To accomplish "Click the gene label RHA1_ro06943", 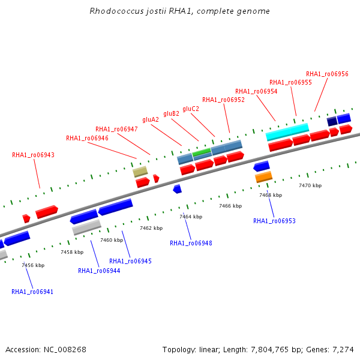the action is point(33,155).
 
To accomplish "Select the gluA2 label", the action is point(151,119).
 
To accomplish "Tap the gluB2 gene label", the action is point(171,113).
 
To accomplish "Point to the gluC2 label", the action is point(191,109).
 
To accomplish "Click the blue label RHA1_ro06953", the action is point(274,221).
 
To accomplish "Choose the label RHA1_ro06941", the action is point(32,292).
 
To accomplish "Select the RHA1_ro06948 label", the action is point(191,243).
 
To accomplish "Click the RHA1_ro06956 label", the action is point(327,74).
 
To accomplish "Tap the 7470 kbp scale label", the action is point(310,185).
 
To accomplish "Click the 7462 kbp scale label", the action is point(151,228).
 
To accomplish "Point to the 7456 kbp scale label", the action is point(33,265).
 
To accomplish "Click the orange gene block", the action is point(264,177).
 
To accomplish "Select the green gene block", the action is point(202,152).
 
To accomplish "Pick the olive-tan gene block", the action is point(140,172).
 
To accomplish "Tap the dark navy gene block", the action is point(332,121).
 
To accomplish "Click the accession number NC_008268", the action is point(65,350).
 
